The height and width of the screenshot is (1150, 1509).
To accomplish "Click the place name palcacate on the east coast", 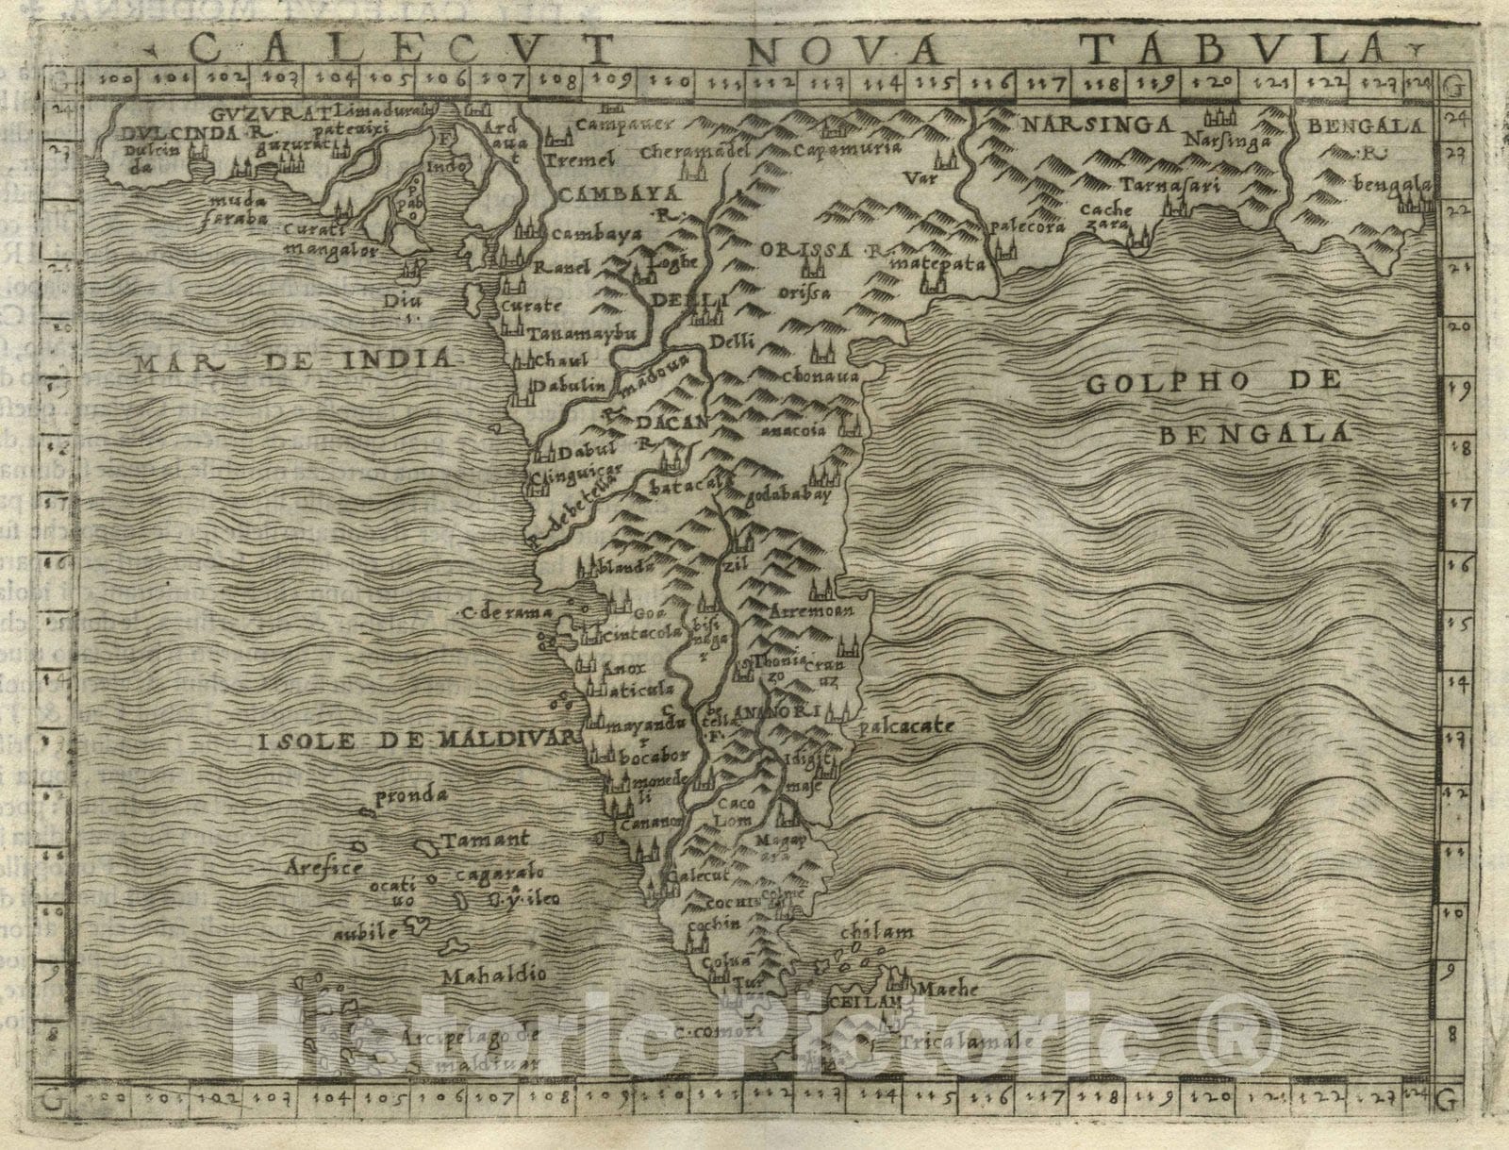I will pyautogui.click(x=906, y=727).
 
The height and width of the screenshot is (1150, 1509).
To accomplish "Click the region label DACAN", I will pyautogui.click(x=672, y=423).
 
